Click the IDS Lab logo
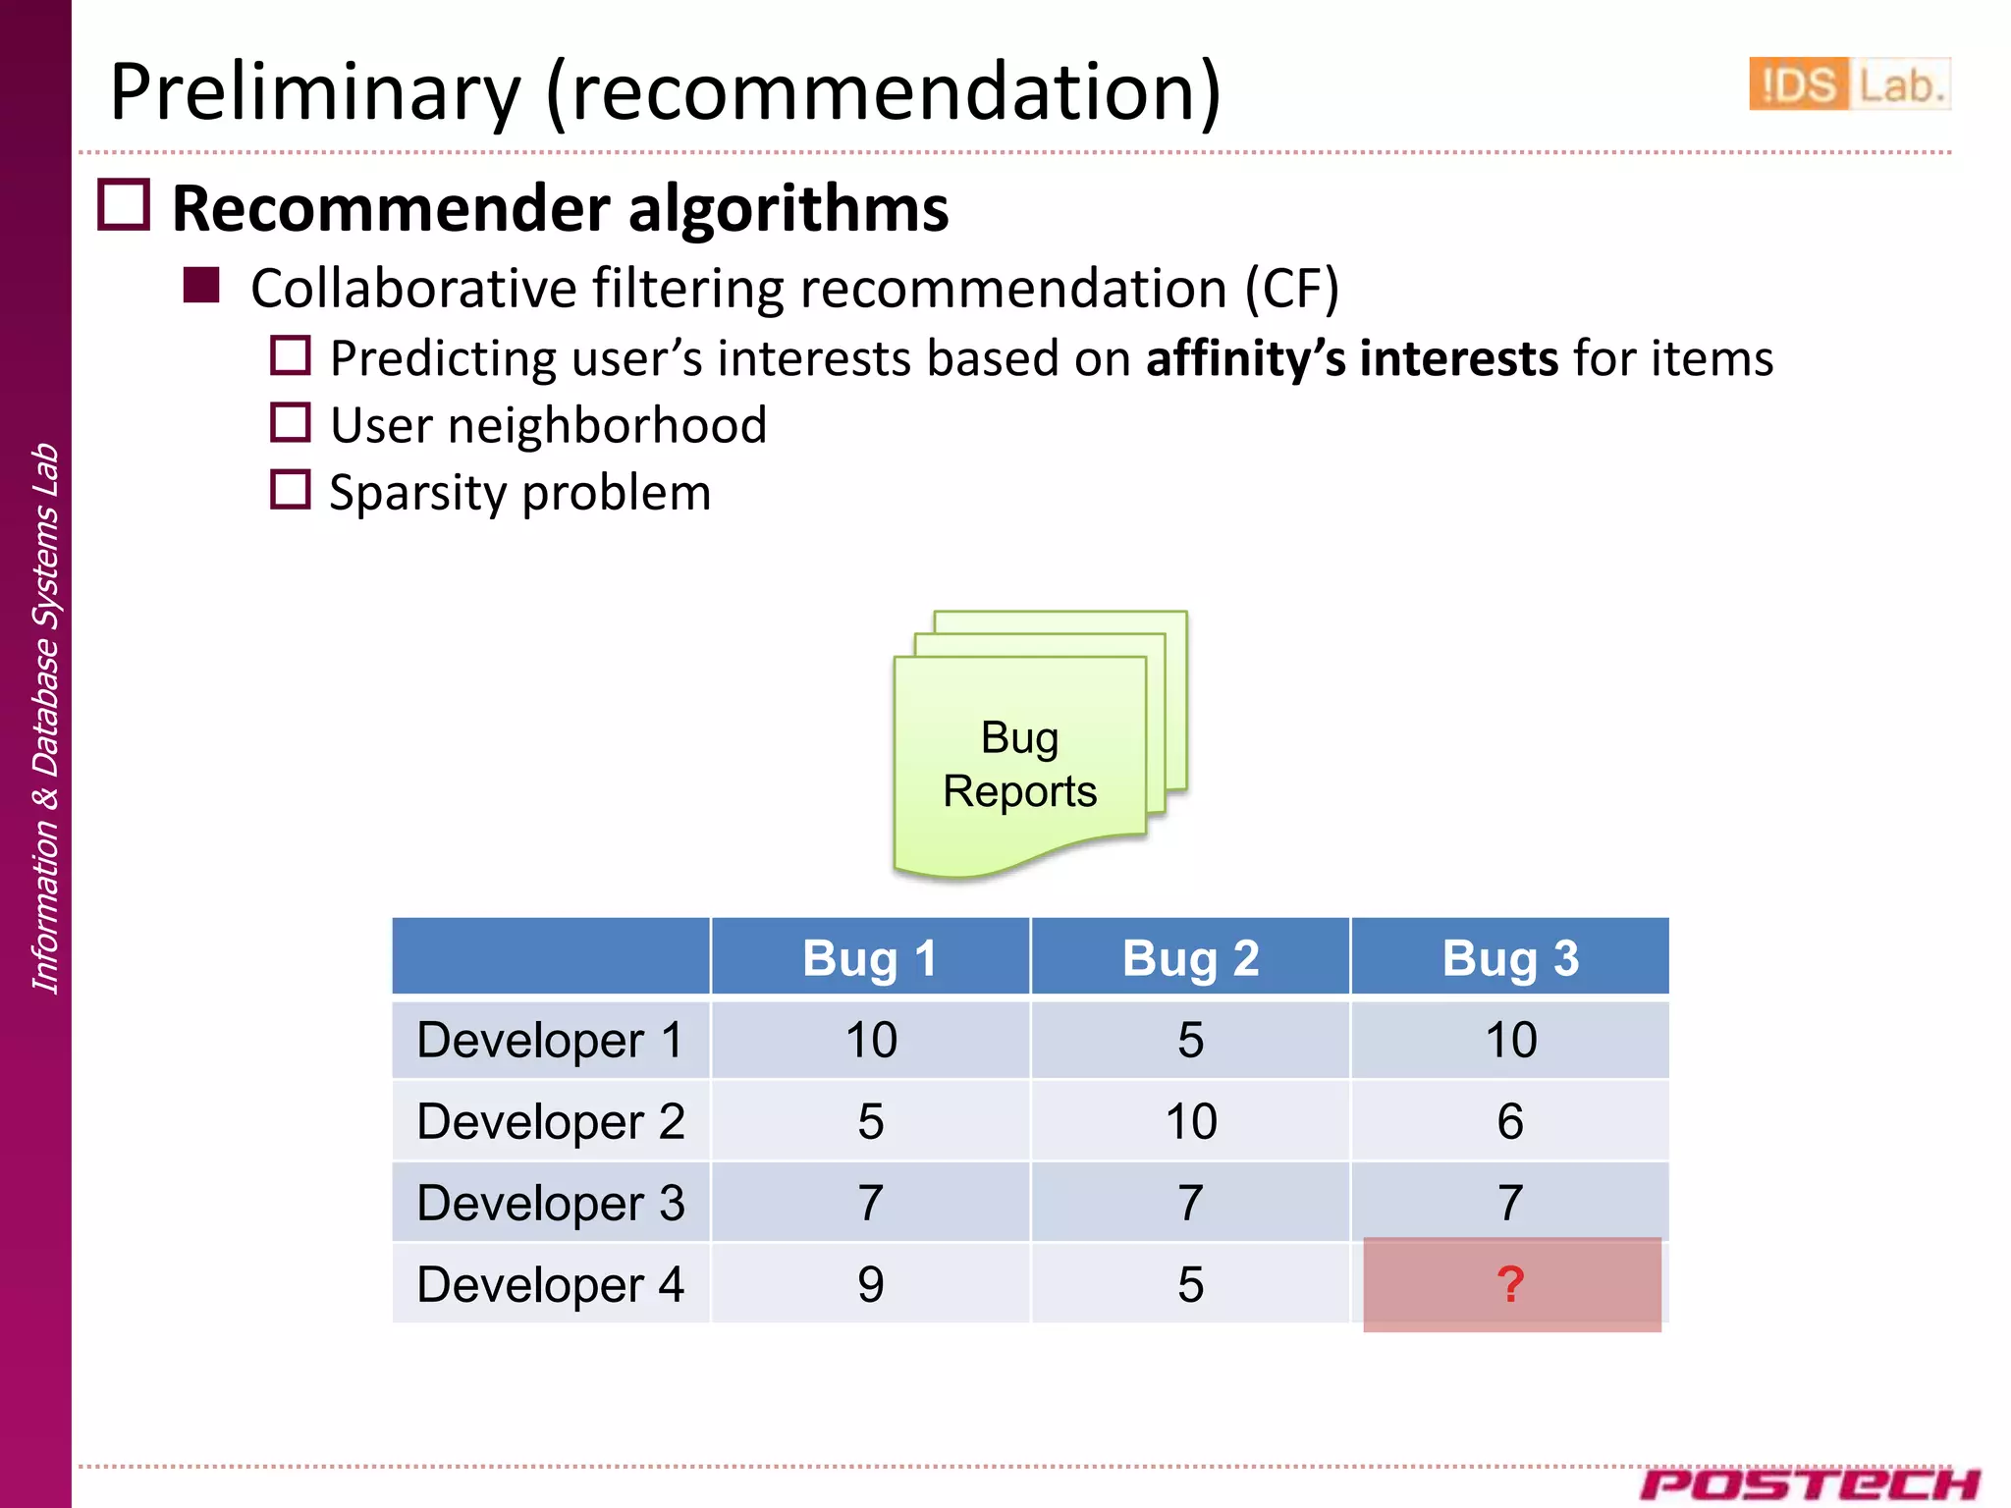click(1848, 84)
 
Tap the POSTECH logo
click(1809, 1483)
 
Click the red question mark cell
click(1511, 1284)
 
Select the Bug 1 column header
click(870, 957)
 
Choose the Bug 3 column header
click(1510, 957)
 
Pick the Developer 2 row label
click(551, 1121)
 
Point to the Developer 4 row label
click(551, 1284)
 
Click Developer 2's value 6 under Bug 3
click(1510, 1121)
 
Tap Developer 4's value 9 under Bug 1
click(870, 1284)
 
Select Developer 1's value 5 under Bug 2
click(1190, 1040)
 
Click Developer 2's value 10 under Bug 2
click(1190, 1121)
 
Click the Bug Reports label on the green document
click(1019, 764)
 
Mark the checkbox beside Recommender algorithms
click(124, 205)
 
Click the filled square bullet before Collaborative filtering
click(201, 286)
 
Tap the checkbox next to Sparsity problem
click(291, 490)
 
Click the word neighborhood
click(607, 426)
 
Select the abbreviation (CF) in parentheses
click(1291, 290)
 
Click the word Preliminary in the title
click(314, 92)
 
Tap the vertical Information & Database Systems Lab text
click(45, 717)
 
